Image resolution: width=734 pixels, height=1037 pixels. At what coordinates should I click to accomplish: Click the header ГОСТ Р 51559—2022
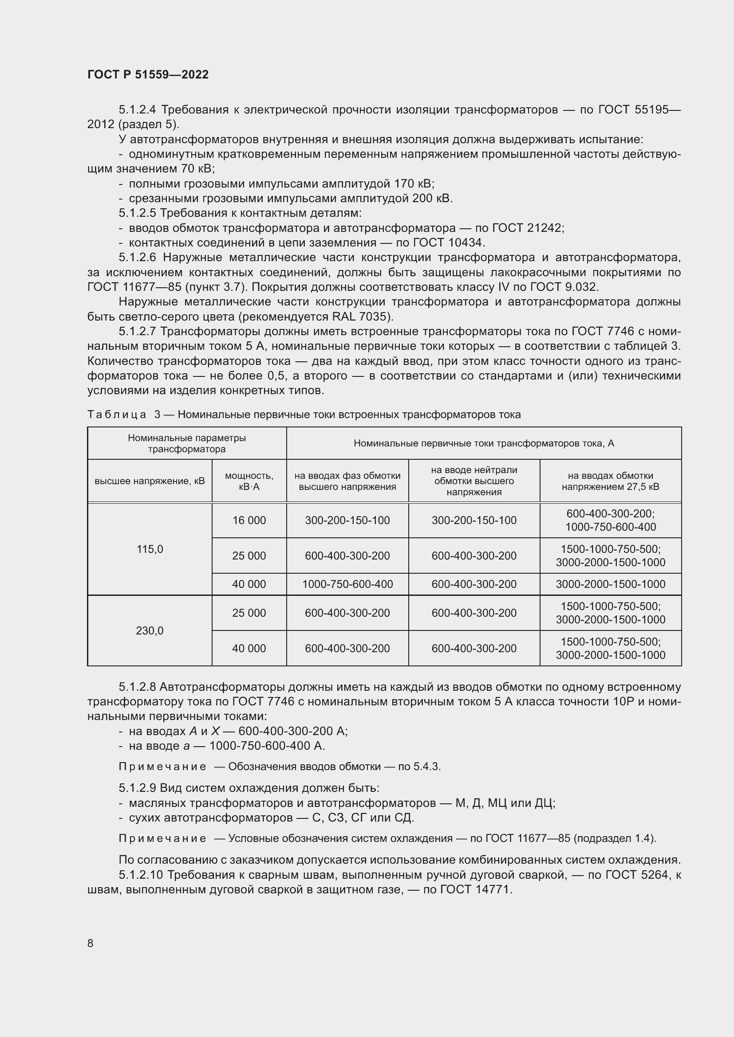[148, 74]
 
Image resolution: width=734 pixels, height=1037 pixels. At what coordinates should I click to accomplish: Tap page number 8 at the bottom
[91, 943]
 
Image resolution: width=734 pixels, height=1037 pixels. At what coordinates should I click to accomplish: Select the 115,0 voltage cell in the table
[150, 549]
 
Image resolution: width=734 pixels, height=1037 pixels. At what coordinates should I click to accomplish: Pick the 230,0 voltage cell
[150, 630]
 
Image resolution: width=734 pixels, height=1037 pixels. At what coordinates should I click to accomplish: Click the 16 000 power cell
[249, 520]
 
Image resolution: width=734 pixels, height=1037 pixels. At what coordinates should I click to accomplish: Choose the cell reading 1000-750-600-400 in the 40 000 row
[347, 584]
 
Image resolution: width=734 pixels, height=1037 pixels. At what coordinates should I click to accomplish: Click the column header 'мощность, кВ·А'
[249, 481]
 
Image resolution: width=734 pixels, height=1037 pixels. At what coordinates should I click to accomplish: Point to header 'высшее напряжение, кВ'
[150, 481]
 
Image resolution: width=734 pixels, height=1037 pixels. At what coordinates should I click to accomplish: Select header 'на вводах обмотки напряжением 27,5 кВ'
[610, 481]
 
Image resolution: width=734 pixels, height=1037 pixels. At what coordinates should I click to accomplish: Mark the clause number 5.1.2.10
[140, 875]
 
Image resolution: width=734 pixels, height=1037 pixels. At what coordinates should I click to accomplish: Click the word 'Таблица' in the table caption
[117, 415]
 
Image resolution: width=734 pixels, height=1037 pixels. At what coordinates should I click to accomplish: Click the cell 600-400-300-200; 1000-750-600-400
[610, 520]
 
